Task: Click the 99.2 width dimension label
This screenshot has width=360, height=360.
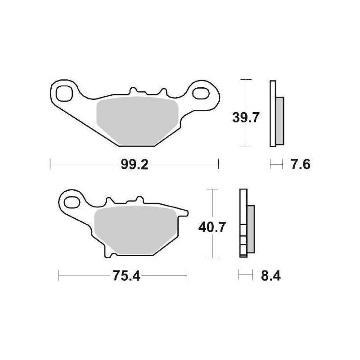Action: click(134, 165)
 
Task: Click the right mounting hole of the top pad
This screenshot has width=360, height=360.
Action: click(200, 94)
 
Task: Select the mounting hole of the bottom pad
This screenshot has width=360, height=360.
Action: click(72, 201)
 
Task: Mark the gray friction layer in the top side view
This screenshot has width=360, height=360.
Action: click(279, 121)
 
